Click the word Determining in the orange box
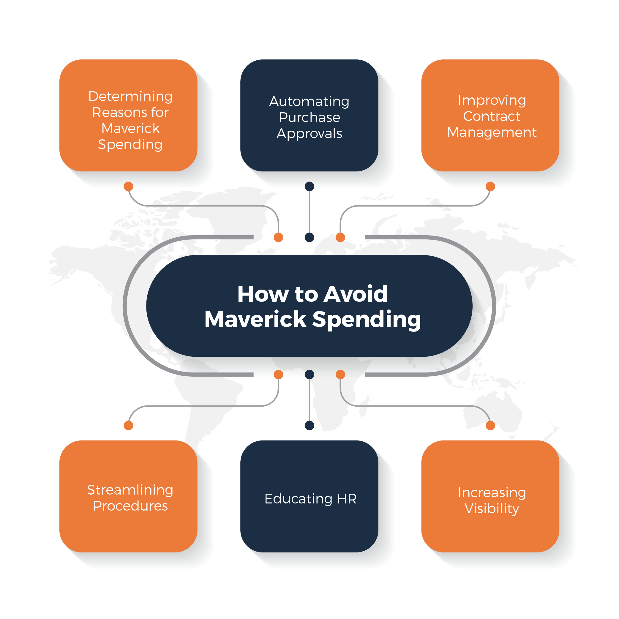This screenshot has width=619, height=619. pos(130,97)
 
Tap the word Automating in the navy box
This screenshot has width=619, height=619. pos(309,102)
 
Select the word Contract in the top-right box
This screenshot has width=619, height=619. pos(492,116)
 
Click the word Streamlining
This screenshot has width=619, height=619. pos(130,490)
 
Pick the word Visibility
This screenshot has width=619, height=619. pos(492,509)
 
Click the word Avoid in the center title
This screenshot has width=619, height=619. pos(355,294)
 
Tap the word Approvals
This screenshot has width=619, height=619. pos(309,134)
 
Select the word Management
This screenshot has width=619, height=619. pos(492,132)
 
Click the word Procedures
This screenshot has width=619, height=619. pos(130,506)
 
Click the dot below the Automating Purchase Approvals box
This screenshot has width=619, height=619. pos(309,187)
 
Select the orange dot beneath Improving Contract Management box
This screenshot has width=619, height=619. pos(490,187)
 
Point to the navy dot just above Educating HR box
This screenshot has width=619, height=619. pos(309,425)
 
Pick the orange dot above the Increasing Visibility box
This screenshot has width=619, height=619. pos(490,425)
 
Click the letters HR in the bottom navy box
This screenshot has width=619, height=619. pos(347,499)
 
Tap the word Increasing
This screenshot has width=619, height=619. pos(492,493)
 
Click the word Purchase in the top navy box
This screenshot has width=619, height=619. pos(309,118)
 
